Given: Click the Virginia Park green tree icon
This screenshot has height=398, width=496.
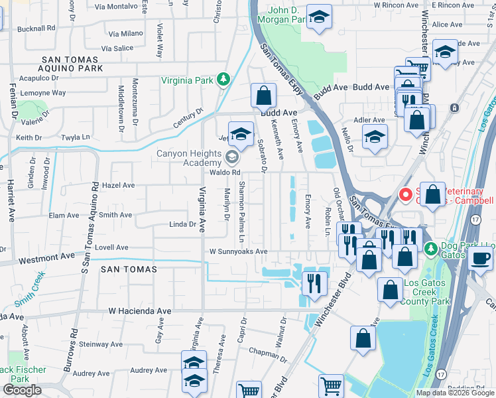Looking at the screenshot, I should (224, 80).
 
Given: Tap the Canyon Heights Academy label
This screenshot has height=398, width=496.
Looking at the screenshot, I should (188, 158).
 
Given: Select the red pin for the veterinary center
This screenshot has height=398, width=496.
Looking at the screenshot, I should (405, 194).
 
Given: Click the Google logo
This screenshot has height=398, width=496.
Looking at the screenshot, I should (22, 390).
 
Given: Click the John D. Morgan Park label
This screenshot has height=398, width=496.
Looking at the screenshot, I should (289, 15).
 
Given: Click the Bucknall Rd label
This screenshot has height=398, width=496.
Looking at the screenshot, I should (36, 29).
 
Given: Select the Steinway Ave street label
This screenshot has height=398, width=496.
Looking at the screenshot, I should (103, 344).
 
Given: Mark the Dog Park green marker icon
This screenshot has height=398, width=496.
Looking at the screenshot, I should (430, 248).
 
